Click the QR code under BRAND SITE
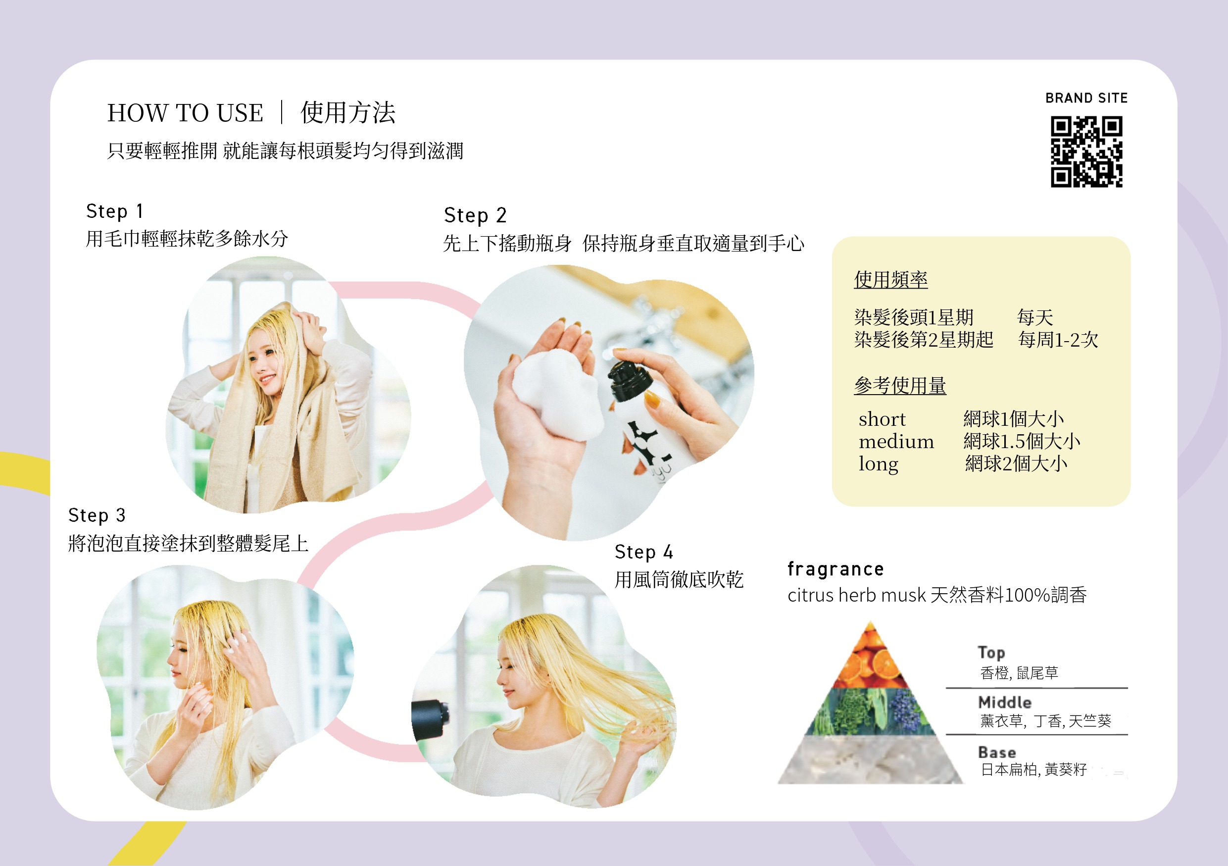tap(1086, 152)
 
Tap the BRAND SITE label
tap(1086, 98)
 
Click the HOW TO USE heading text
tap(185, 113)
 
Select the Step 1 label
tap(114, 211)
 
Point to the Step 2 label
tap(475, 215)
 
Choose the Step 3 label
tap(97, 515)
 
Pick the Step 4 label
tap(644, 552)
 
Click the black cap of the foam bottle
tap(630, 380)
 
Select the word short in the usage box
tap(882, 419)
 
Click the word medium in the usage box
tap(896, 441)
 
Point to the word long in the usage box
tap(878, 464)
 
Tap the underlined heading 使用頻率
tap(890, 279)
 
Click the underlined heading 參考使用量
tap(900, 385)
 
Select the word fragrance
tap(835, 569)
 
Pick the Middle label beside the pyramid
tap(1004, 702)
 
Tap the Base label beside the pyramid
tap(997, 752)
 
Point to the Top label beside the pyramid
tap(991, 652)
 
